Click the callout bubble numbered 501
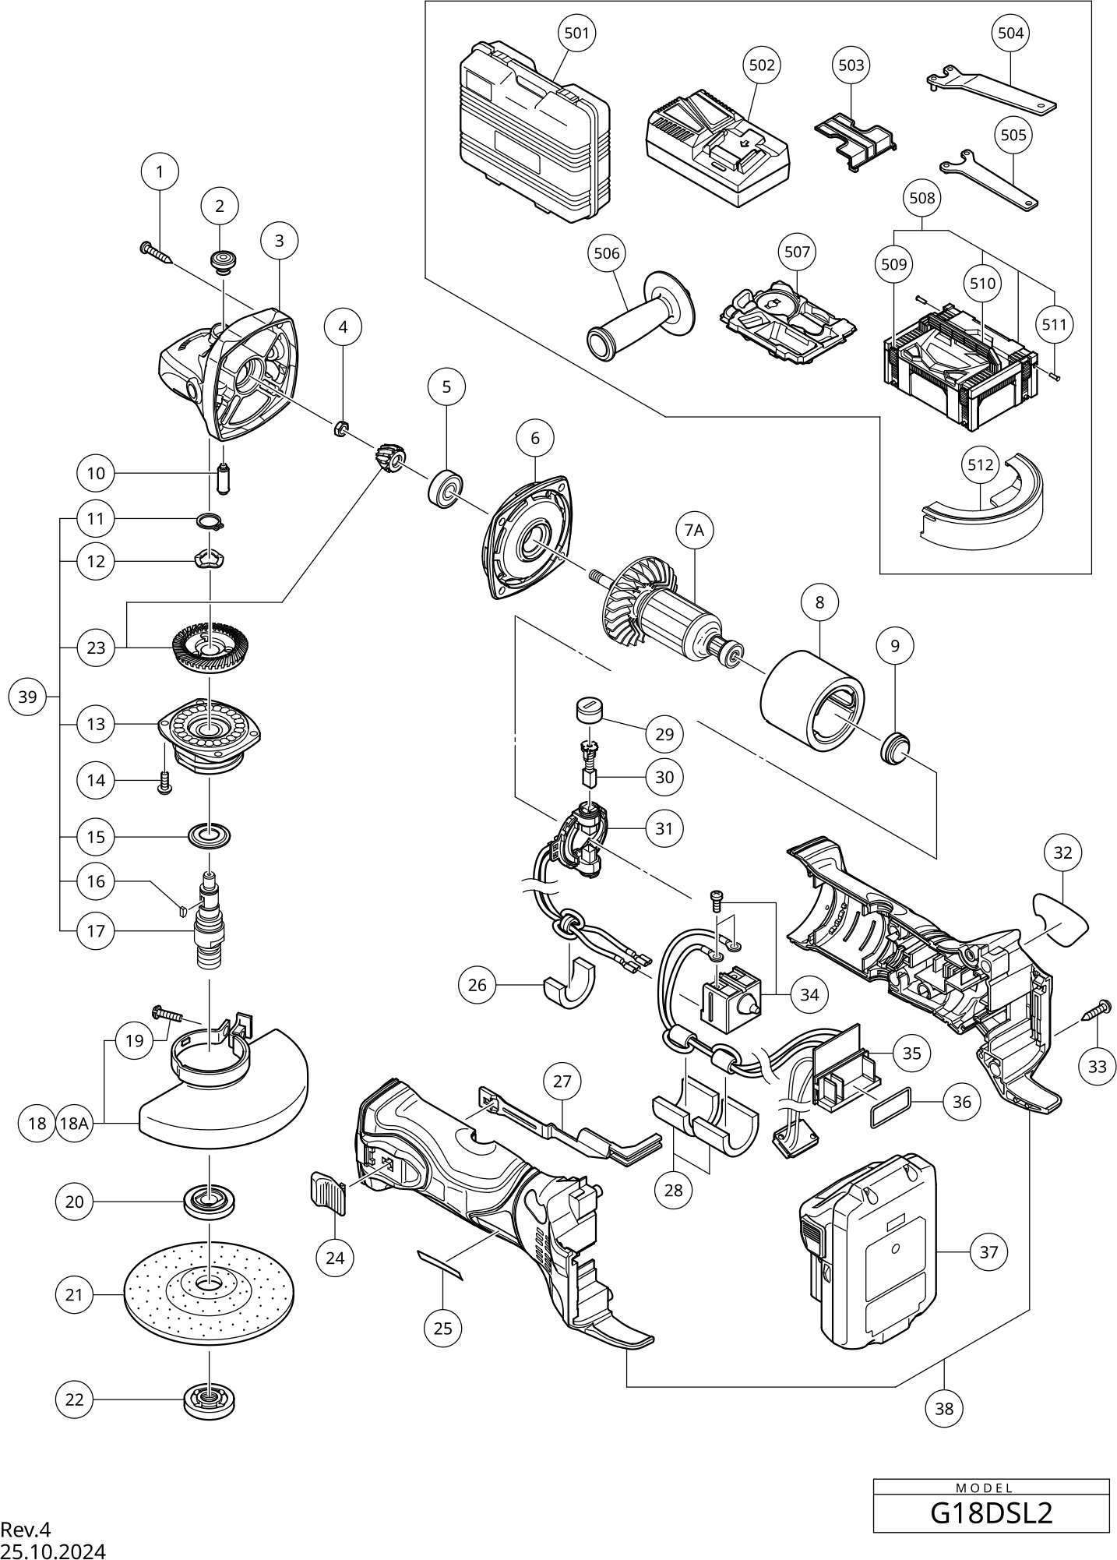tap(576, 33)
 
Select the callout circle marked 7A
tap(693, 531)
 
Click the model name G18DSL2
tap(991, 1512)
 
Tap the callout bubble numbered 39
tap(27, 697)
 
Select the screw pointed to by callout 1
tap(156, 252)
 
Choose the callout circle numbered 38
tap(943, 1408)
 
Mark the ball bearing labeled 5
tap(446, 489)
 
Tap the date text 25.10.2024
tap(53, 1551)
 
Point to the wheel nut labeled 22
tap(209, 1400)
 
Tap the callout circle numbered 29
tap(664, 734)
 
